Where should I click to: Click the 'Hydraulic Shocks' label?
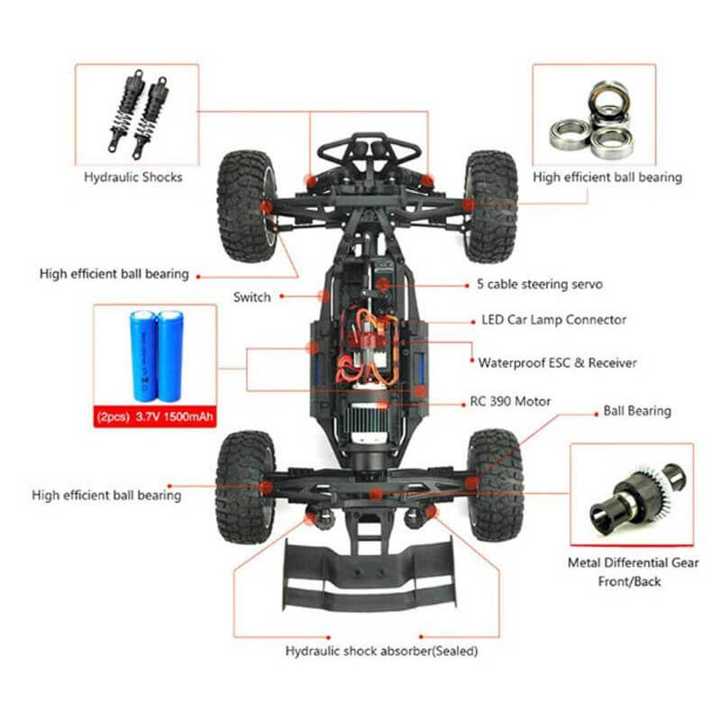133,177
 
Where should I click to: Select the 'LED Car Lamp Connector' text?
553,320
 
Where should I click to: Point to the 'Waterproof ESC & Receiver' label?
557,362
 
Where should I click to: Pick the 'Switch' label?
251,297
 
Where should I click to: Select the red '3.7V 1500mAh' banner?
155,417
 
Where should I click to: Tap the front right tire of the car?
491,205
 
